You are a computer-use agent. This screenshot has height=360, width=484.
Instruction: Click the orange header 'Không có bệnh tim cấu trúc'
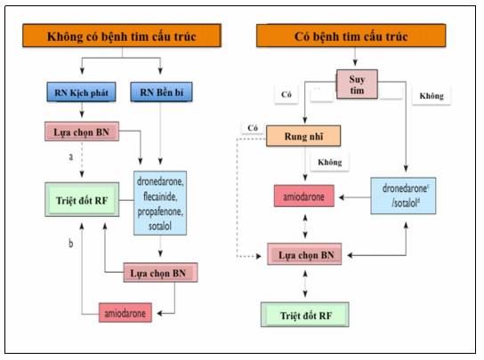point(122,36)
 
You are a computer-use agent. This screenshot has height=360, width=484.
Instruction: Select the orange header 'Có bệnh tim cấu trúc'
point(351,36)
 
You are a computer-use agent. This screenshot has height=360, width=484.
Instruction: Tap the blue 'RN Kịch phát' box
point(82,92)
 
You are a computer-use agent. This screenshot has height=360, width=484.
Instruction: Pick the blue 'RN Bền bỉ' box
point(161,92)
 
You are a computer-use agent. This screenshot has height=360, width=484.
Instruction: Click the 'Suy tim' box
point(357,84)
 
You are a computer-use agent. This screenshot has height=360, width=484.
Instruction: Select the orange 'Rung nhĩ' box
point(303,136)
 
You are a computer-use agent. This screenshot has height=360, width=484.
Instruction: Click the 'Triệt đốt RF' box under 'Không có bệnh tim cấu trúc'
point(82,200)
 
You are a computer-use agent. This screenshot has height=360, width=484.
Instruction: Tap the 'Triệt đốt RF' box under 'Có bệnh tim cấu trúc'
point(305,315)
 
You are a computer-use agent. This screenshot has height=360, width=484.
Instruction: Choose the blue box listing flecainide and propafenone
point(160,203)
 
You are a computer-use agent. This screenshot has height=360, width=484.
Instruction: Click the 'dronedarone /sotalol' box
point(403,196)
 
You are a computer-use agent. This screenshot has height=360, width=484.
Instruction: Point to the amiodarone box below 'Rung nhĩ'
point(304,196)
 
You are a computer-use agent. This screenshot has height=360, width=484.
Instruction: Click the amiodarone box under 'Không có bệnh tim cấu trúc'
point(125,313)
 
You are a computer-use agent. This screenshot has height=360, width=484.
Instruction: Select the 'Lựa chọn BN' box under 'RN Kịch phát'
point(82,132)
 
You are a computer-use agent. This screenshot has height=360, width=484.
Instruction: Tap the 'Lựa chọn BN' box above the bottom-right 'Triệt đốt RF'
point(304,254)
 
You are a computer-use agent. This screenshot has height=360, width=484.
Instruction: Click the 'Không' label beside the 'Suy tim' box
point(432,96)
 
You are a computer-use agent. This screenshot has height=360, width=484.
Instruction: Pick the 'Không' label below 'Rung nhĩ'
point(330,162)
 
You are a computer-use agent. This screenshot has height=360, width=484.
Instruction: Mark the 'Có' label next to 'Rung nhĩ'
point(253,128)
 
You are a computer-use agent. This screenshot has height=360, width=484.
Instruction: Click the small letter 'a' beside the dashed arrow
point(71,157)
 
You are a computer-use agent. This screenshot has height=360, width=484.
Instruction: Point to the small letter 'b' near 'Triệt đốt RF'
point(71,244)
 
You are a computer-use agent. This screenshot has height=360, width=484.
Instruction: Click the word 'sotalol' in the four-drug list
point(160,227)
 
